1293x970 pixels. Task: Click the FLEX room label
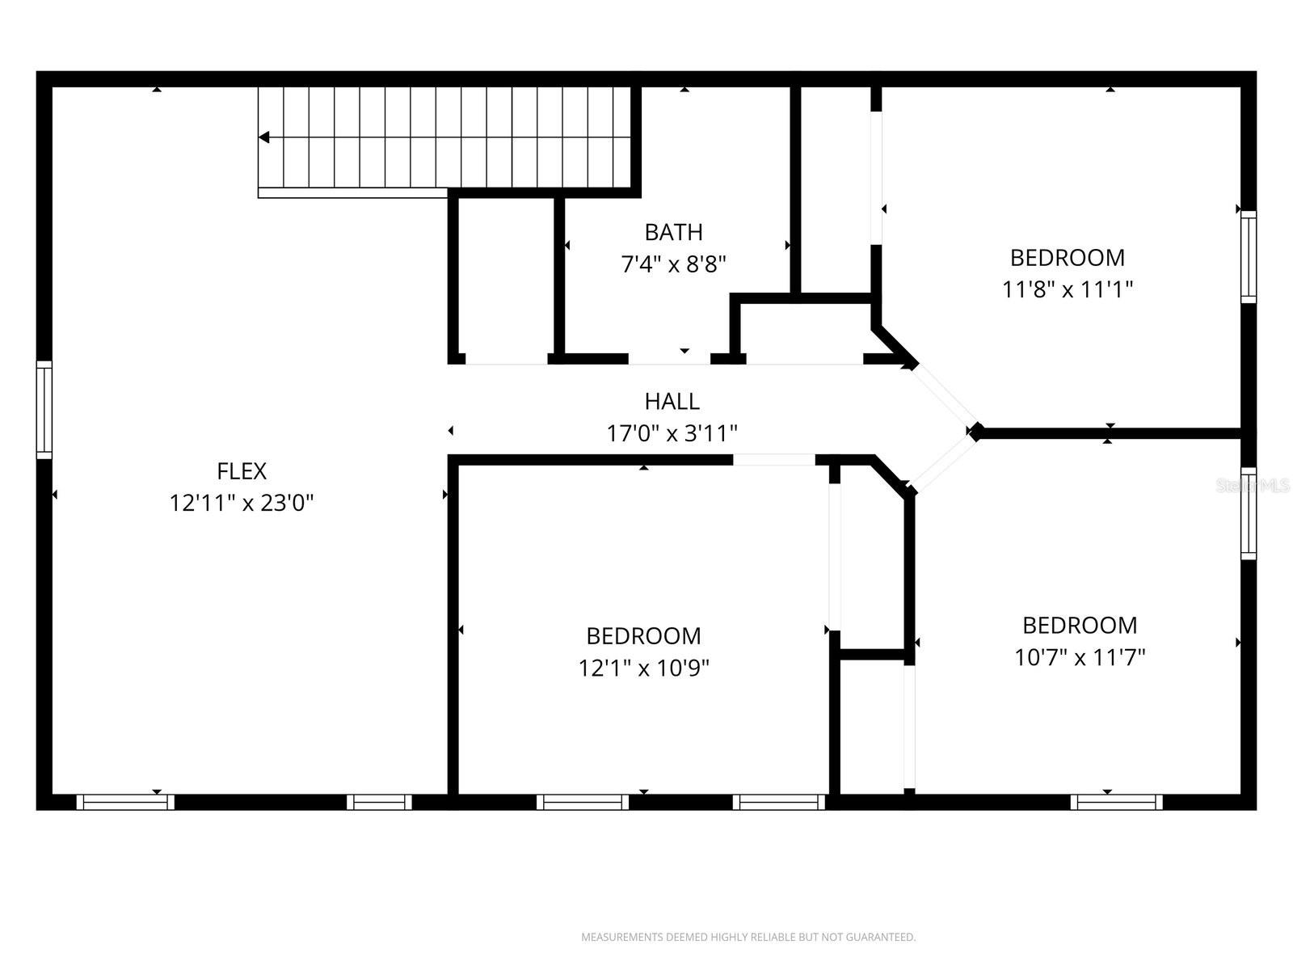tap(241, 471)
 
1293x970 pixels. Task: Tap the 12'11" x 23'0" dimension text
tap(241, 504)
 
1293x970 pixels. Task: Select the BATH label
tap(673, 233)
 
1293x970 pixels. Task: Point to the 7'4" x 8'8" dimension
tap(673, 264)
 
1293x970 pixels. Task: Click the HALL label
tap(672, 401)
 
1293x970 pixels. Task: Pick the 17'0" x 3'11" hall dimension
tap(672, 434)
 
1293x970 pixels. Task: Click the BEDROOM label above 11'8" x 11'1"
tap(1067, 258)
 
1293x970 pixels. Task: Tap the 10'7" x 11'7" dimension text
tap(1079, 657)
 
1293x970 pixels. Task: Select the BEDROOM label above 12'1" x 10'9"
tap(643, 636)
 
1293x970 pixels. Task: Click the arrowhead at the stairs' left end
tap(264, 138)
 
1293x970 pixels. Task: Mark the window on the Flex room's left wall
tap(44, 410)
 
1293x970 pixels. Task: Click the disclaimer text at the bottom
tap(748, 937)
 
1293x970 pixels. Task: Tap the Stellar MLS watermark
tap(1253, 486)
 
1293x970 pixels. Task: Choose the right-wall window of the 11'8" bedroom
tap(1249, 257)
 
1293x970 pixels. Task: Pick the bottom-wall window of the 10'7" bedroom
tap(1116, 802)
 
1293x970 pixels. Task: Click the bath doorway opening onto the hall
tap(669, 359)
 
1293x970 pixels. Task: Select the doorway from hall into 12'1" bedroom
tap(773, 460)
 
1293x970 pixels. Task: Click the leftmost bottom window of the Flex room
tap(125, 802)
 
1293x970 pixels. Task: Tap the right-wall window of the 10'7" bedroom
tap(1249, 513)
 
